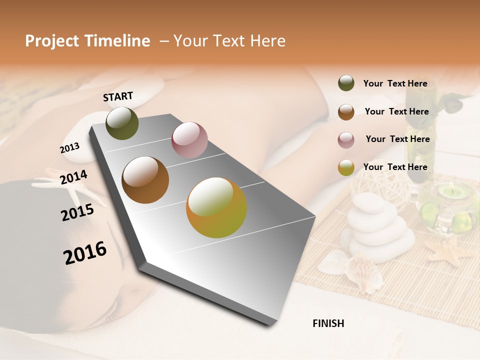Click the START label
point(118,96)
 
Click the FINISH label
point(328,323)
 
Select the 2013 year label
point(69,147)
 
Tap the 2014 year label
point(73,177)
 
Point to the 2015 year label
point(77,212)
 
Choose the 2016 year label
point(85,252)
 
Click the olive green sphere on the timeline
point(122,123)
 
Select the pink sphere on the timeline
point(189,140)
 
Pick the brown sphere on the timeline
point(145,180)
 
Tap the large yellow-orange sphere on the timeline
point(216,207)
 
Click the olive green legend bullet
point(346,83)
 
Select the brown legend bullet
point(346,111)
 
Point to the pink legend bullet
point(346,139)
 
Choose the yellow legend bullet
point(346,167)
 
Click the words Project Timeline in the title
point(87,41)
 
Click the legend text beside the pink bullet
point(397,139)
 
